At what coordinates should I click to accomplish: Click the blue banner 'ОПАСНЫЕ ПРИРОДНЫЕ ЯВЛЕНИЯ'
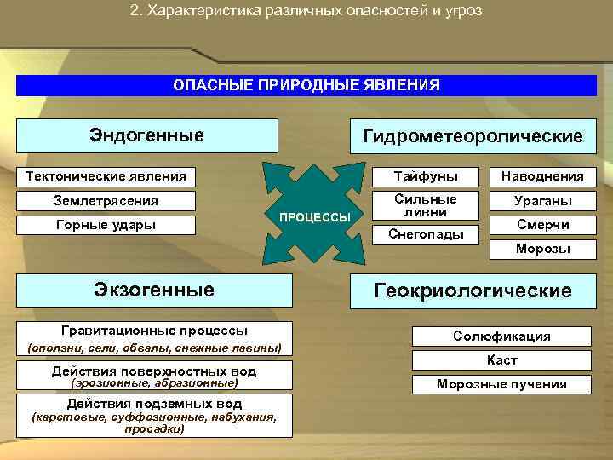click(306, 85)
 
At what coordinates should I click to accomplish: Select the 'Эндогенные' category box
click(147, 135)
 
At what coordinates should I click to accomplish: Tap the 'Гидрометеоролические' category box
click(473, 136)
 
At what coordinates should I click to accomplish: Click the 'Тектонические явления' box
click(106, 176)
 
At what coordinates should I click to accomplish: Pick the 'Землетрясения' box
click(106, 201)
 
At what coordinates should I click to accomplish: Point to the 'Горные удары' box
click(106, 225)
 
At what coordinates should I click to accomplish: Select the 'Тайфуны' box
click(425, 176)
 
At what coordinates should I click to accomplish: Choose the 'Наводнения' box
click(542, 176)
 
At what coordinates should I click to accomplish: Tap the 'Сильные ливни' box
click(425, 204)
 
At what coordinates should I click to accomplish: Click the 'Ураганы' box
click(542, 201)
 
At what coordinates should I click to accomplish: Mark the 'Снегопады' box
click(425, 233)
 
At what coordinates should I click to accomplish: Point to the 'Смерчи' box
click(542, 225)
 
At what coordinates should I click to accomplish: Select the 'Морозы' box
click(542, 249)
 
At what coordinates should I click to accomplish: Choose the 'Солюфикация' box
click(501, 336)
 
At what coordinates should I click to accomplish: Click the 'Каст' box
click(501, 360)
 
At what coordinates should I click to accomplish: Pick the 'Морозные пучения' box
click(501, 384)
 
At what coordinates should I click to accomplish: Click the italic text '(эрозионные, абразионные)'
click(153, 383)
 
